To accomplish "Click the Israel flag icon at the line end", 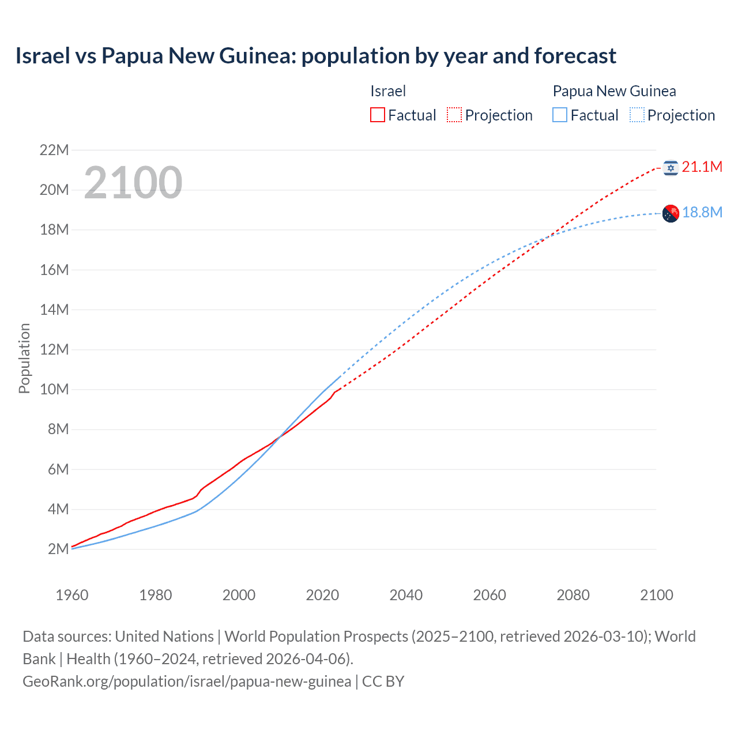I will [671, 168].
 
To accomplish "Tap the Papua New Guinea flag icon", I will [671, 213].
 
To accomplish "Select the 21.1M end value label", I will [702, 167].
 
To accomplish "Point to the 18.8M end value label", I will [702, 213].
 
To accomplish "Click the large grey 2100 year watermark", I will [133, 183].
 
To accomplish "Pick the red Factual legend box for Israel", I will [377, 115].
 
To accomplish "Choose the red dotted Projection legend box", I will [454, 115].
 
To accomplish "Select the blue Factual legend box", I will [560, 115].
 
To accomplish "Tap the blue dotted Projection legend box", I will [637, 115].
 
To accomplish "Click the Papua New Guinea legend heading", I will [614, 91].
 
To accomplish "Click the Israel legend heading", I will [388, 91].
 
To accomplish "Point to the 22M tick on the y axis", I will [54, 150].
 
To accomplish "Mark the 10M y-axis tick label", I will [54, 390].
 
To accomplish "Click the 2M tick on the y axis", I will [58, 549].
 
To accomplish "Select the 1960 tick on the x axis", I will [72, 595].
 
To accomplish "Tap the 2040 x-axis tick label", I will [406, 595].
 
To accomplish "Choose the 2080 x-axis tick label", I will [573, 595].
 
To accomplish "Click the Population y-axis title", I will [24, 358].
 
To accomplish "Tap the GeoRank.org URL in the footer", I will [187, 681].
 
